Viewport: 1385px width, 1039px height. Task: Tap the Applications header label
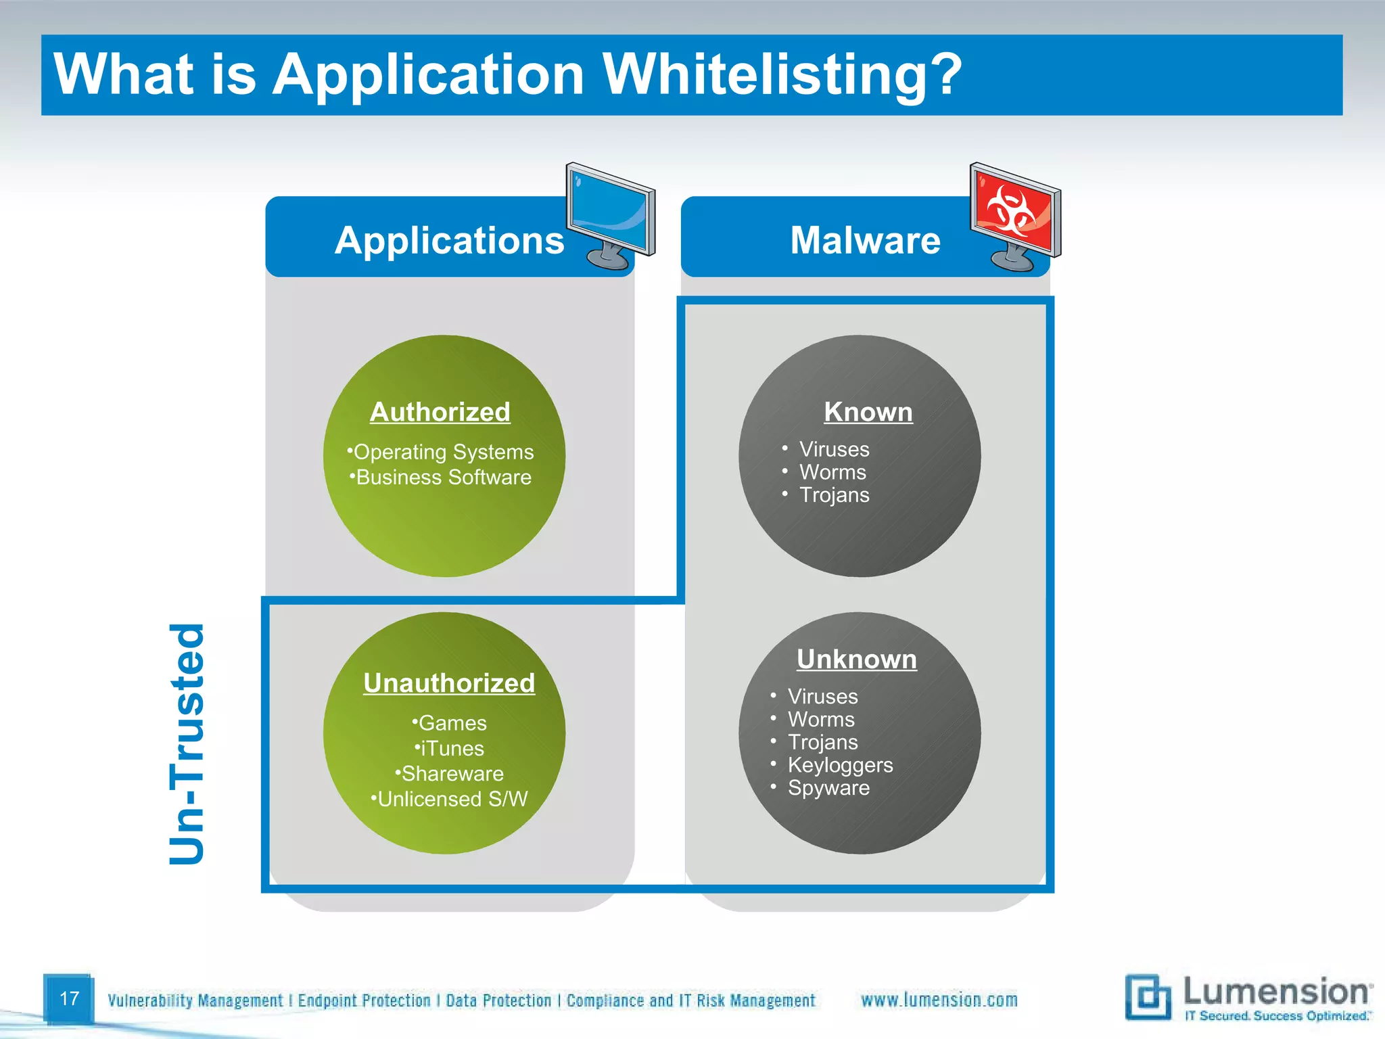coord(449,240)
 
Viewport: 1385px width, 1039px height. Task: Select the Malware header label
coord(865,240)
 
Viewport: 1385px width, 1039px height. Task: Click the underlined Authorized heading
coord(440,412)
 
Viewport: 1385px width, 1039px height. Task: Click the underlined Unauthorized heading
coord(449,683)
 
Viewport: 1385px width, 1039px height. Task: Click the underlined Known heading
coord(868,412)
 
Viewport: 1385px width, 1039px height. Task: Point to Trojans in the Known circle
coord(834,495)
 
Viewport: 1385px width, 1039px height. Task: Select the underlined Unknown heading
coord(857,660)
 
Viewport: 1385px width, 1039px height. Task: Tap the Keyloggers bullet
coord(840,765)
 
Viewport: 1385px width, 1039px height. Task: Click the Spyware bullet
coord(828,788)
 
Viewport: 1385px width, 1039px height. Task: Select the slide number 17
coord(69,998)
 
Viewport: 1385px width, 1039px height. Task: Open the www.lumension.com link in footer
coord(939,1000)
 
